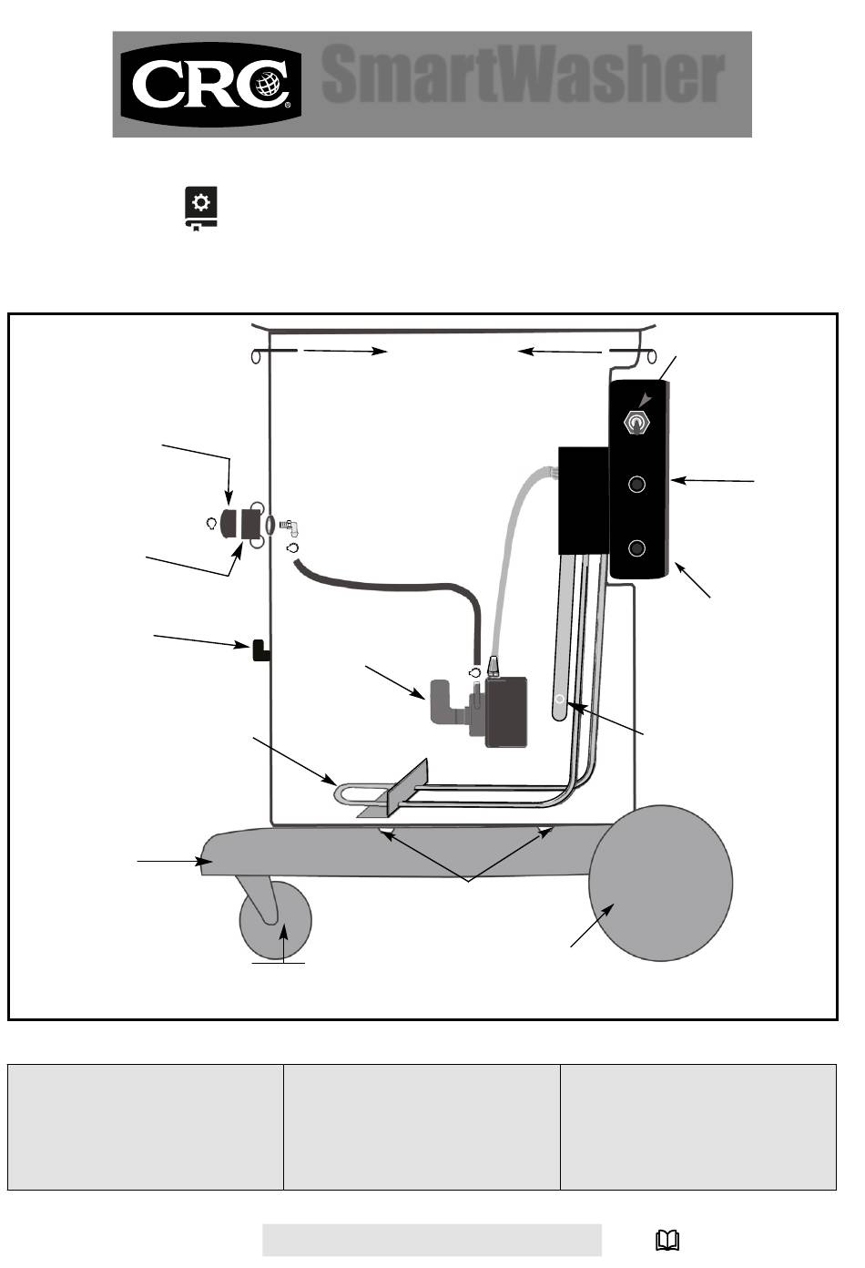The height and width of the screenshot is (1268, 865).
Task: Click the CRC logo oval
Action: (210, 85)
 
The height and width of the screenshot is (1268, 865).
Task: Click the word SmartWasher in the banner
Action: (523, 75)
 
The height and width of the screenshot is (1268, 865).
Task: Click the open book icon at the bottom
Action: (667, 1241)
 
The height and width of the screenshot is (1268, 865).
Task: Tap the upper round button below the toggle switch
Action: (637, 485)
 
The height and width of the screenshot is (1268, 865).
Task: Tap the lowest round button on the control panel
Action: (637, 548)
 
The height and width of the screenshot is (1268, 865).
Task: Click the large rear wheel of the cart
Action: (661, 883)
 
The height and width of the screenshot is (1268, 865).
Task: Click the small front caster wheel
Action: (276, 920)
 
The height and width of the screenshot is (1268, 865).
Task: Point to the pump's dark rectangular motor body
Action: (506, 711)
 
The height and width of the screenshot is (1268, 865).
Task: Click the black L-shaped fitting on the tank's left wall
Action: (260, 650)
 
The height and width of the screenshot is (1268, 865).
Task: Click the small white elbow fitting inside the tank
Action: (290, 527)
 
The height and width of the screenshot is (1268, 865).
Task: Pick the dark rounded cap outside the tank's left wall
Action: (229, 524)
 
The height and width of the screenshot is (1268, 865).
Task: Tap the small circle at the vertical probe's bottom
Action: (559, 699)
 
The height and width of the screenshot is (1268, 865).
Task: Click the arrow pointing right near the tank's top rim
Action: (346, 351)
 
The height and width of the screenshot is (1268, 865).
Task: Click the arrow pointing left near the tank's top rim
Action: (559, 352)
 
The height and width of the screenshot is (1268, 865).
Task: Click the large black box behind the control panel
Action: (584, 500)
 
